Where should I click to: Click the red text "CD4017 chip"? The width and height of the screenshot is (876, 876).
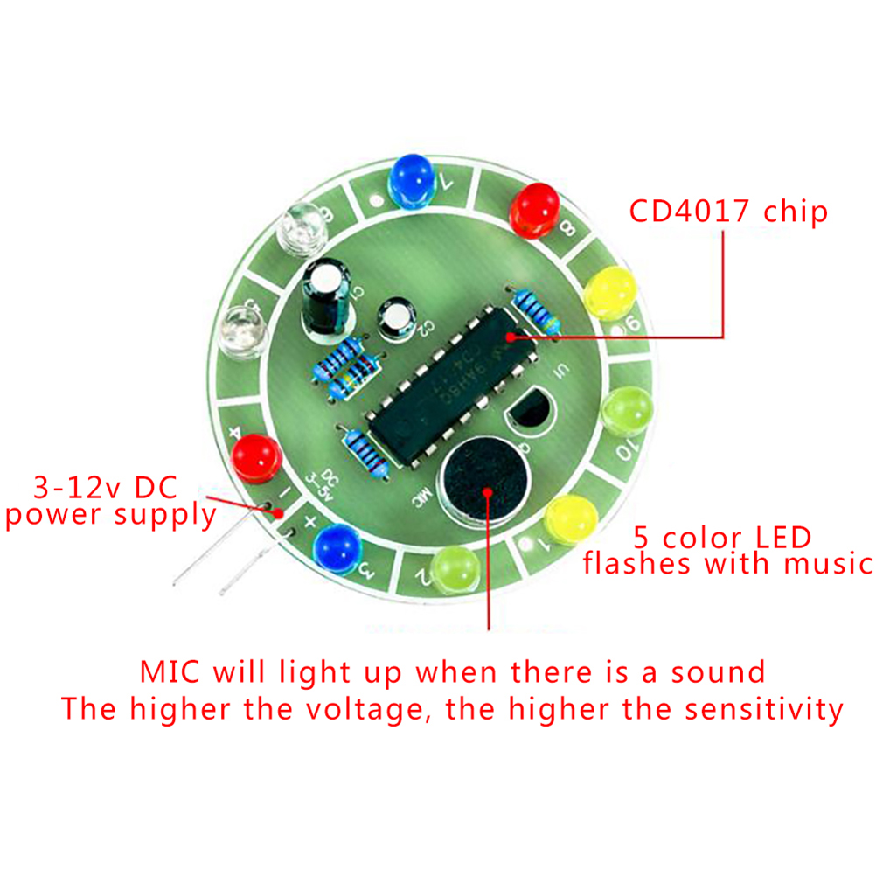tap(727, 212)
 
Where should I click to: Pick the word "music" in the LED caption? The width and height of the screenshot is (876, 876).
tap(826, 564)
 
